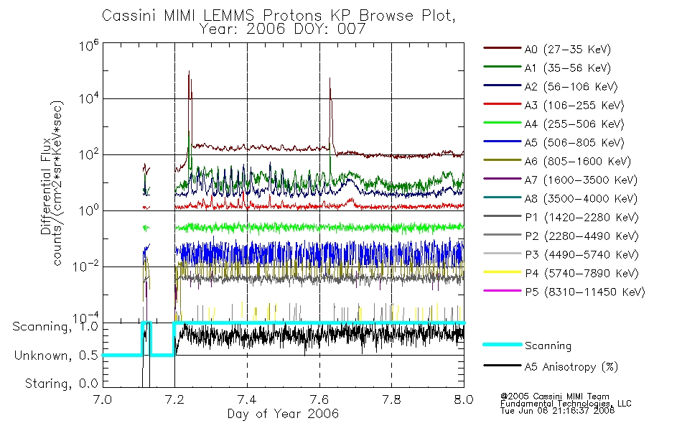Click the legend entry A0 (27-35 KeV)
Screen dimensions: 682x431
pyautogui.click(x=547, y=49)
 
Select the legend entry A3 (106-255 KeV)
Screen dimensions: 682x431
pyautogui.click(x=553, y=106)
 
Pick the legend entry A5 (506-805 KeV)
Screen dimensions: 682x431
pyautogui.click(x=553, y=143)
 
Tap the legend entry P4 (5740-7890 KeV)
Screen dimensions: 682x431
pyautogui.click(x=561, y=274)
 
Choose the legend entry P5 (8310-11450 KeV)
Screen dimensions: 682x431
pyautogui.click(x=564, y=292)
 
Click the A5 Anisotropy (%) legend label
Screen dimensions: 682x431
pyautogui.click(x=571, y=367)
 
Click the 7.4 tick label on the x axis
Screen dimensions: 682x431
pyautogui.click(x=247, y=399)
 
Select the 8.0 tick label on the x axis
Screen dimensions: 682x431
pyautogui.click(x=464, y=399)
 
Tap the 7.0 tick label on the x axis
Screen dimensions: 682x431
pyautogui.click(x=103, y=399)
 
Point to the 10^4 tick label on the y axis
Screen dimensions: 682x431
pyautogui.click(x=89, y=98)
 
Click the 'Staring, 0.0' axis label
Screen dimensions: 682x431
pyautogui.click(x=61, y=384)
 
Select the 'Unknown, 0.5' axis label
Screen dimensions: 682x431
pyautogui.click(x=56, y=356)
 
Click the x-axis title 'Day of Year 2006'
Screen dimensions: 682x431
pyautogui.click(x=283, y=414)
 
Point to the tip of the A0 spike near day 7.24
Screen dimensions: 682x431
pyautogui.click(x=189, y=71)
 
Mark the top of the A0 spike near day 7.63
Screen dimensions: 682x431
pyautogui.click(x=330, y=78)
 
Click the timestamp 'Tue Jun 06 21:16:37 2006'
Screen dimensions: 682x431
pyautogui.click(x=557, y=411)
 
